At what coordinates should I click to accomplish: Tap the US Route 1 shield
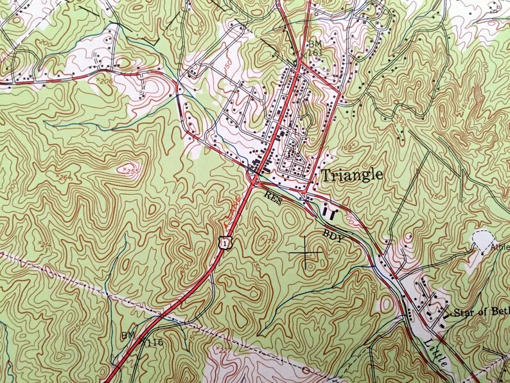[223, 241]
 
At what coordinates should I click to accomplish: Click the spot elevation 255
[130, 171]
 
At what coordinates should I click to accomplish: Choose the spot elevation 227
[224, 350]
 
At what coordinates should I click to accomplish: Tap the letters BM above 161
[314, 44]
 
